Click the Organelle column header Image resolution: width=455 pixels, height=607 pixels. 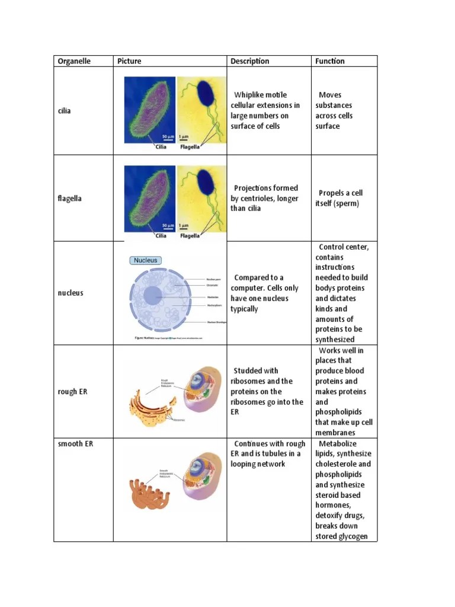(x=74, y=61)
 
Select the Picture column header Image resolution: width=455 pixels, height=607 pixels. (x=129, y=61)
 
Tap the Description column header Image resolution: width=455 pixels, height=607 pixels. (x=249, y=61)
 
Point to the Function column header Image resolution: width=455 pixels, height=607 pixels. (x=329, y=61)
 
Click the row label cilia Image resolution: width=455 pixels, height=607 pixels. (x=64, y=111)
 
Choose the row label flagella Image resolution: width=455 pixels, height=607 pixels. (x=70, y=199)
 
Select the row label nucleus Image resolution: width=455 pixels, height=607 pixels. (x=71, y=293)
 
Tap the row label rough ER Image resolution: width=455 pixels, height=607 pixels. (x=72, y=392)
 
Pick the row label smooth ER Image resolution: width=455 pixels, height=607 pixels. (x=75, y=444)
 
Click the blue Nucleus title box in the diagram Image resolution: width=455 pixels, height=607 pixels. (x=146, y=260)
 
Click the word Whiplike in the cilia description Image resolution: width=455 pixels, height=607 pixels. (x=252, y=95)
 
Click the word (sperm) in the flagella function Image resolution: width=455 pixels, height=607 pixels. (x=346, y=203)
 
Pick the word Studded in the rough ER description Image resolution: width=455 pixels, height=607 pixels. (x=248, y=370)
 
